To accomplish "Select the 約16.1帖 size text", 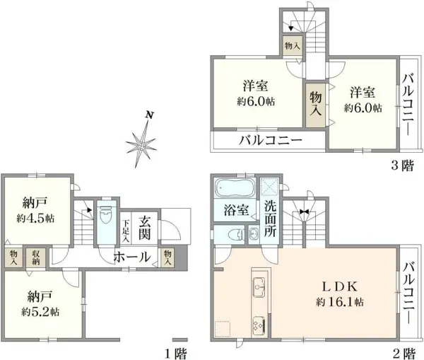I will [340, 302].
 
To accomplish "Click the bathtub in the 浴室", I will [234, 189].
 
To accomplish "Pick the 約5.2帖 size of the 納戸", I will [40, 311].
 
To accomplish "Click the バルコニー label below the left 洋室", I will [269, 139].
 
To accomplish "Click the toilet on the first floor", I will [105, 214].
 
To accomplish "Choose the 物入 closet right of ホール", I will [168, 257].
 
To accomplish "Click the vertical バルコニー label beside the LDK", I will [409, 294].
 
